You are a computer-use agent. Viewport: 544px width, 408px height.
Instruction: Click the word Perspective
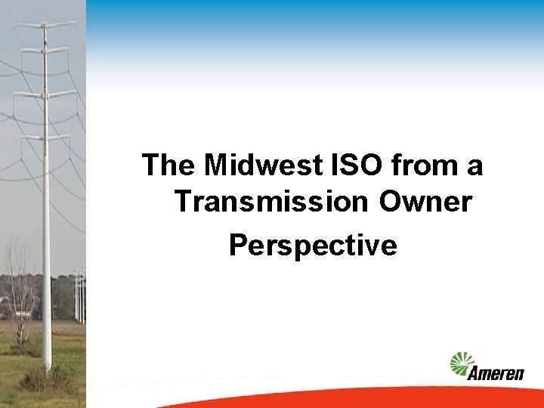tap(312, 245)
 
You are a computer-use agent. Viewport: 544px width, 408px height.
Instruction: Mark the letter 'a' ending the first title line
tap(474, 167)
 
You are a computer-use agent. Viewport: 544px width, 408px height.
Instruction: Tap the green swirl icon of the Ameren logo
tap(462, 363)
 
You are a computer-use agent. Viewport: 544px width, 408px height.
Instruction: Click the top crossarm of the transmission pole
tap(45, 26)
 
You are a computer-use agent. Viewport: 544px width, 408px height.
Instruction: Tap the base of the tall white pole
tap(47, 363)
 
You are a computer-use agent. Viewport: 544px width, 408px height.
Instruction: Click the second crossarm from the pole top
tap(46, 50)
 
